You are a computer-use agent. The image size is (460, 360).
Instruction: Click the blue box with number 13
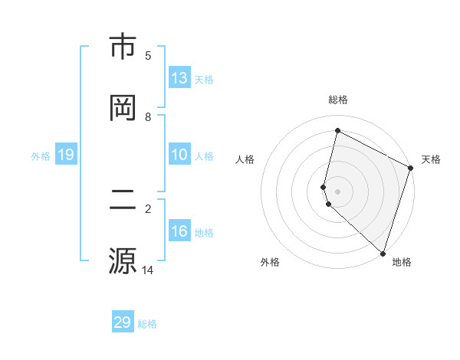click(x=179, y=78)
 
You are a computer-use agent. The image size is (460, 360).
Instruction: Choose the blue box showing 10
click(x=179, y=155)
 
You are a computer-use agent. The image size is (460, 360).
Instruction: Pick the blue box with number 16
click(x=179, y=231)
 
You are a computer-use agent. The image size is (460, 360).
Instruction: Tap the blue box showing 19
click(x=66, y=155)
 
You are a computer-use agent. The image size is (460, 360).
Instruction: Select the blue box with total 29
click(x=123, y=322)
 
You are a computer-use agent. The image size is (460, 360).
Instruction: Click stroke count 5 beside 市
click(x=148, y=55)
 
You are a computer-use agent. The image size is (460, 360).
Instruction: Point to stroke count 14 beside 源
click(x=148, y=270)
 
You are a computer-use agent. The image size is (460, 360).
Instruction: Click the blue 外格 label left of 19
click(x=41, y=155)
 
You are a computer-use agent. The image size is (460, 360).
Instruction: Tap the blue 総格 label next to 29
click(x=147, y=323)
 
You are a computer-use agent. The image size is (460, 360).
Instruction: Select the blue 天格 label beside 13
click(x=204, y=79)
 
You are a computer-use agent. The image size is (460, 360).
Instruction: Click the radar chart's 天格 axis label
click(x=431, y=159)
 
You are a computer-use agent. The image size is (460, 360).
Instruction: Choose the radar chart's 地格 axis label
click(x=402, y=262)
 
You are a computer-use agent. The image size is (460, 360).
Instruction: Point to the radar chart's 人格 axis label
click(x=245, y=159)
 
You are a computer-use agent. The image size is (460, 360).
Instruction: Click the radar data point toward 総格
click(x=337, y=131)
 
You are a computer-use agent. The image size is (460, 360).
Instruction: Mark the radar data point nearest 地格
click(x=383, y=252)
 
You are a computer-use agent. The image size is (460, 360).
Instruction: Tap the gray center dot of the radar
click(x=337, y=190)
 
